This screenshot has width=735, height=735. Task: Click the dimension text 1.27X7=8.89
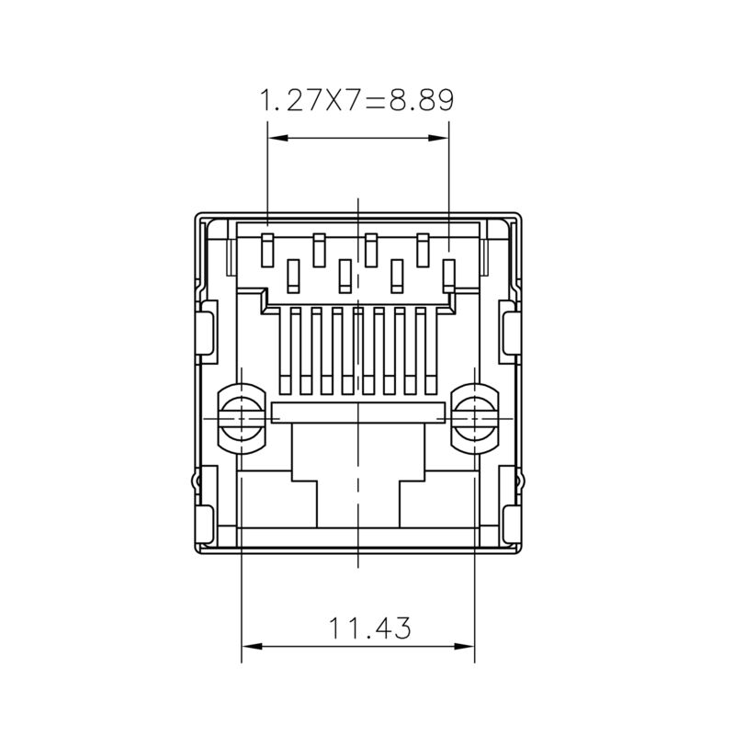click(x=357, y=99)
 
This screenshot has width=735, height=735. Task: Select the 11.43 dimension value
click(x=370, y=628)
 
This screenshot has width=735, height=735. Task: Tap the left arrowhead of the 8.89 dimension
click(x=274, y=139)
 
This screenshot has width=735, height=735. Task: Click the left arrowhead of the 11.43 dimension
click(x=249, y=646)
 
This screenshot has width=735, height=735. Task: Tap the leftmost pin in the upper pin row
click(x=268, y=249)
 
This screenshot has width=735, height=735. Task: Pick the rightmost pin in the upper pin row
click(x=424, y=249)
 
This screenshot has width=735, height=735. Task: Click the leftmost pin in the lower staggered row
click(x=294, y=274)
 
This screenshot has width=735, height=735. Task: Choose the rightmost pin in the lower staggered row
click(x=449, y=274)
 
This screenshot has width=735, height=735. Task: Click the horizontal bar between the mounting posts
click(x=359, y=413)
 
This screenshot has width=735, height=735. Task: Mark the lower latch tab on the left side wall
click(x=207, y=504)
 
